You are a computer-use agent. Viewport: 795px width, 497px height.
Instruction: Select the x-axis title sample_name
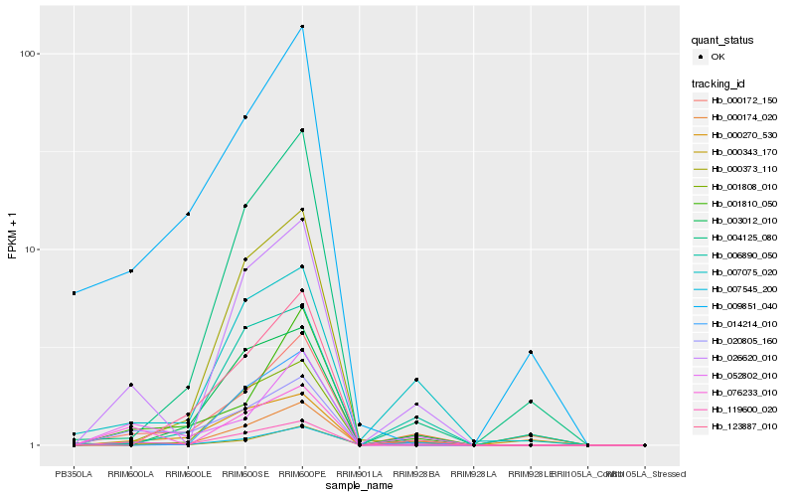(x=359, y=485)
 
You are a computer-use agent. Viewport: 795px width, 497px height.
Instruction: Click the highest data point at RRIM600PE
(x=302, y=27)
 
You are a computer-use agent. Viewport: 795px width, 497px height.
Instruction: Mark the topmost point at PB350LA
(x=74, y=293)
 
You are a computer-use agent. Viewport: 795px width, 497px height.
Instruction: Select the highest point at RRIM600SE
(x=244, y=117)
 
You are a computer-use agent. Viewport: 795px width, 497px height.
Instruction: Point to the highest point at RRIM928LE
(x=531, y=352)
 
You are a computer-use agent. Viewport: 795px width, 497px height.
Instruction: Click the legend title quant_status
(x=722, y=41)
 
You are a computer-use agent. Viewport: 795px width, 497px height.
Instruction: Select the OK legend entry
(x=717, y=57)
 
